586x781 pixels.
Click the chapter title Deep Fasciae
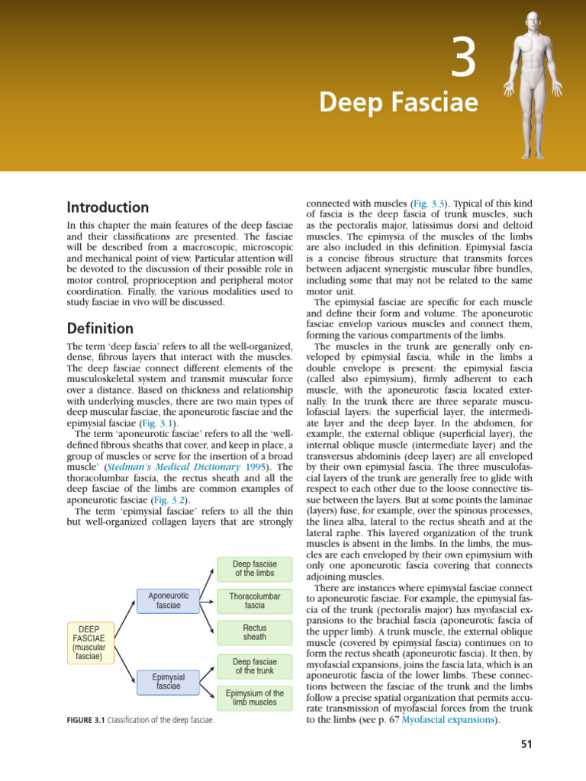(398, 101)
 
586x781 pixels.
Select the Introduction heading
(108, 207)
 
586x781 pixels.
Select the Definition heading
(100, 329)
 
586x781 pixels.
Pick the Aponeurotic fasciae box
(168, 600)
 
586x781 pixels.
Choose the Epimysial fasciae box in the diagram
(168, 681)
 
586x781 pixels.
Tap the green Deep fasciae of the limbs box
(255, 567)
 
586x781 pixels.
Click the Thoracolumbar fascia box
(255, 600)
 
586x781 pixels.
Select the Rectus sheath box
(255, 632)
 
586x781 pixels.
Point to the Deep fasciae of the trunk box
(255, 666)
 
